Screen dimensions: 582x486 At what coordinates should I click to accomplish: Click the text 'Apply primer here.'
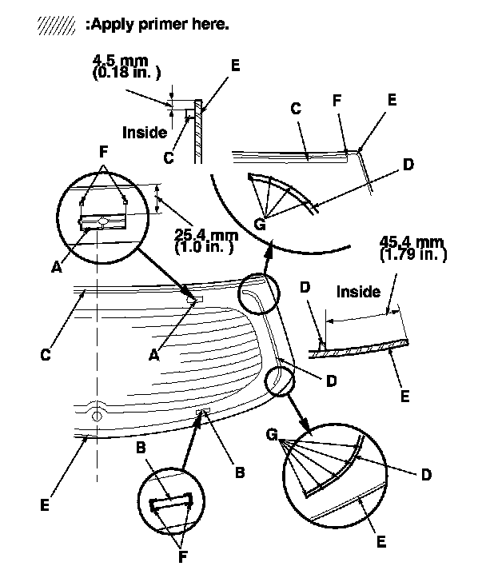160,24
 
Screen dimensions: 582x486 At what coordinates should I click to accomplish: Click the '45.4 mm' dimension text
412,242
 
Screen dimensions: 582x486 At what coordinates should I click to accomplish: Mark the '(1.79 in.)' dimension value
412,255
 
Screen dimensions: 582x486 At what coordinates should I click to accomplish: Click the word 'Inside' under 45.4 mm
358,292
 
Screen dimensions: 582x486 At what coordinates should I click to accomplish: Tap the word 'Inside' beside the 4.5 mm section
145,133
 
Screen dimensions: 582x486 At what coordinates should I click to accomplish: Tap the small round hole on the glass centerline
96,415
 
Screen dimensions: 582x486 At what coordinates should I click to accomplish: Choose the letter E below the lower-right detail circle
381,542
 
